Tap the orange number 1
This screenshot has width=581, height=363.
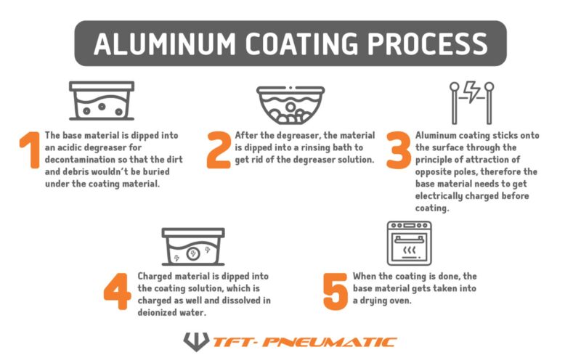tap(30, 151)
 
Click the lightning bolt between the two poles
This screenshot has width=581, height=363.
tap(471, 93)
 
